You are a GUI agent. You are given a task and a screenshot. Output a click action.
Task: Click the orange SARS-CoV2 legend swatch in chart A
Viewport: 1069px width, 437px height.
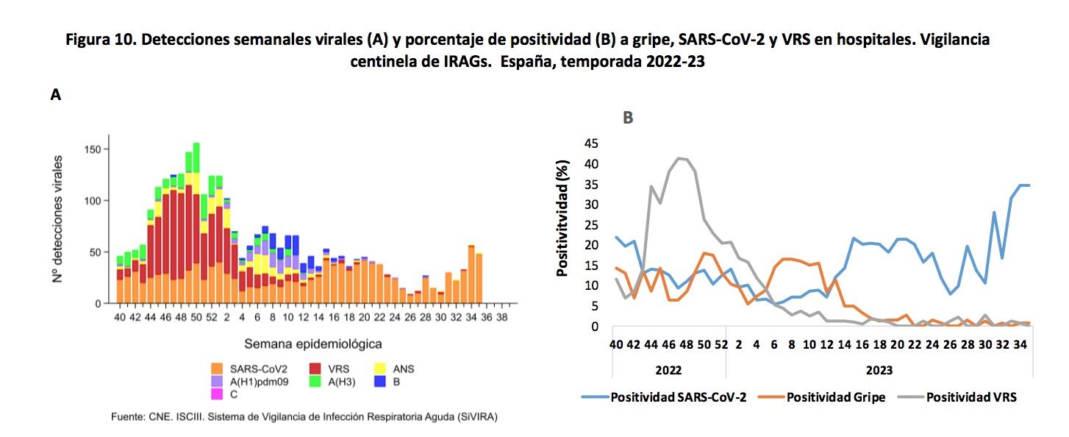pyautogui.click(x=217, y=369)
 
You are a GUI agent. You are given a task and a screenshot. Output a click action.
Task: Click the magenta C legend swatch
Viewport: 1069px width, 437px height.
pyautogui.click(x=217, y=394)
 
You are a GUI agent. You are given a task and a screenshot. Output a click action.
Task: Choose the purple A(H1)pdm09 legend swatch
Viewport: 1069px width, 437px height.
pyautogui.click(x=217, y=382)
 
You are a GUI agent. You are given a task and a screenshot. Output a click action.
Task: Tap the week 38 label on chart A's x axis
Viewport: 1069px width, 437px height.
pyautogui.click(x=502, y=317)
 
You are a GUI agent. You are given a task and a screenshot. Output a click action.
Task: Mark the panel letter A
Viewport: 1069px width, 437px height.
pyautogui.click(x=55, y=95)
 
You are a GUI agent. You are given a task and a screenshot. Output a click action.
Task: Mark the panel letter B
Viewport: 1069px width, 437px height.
pyautogui.click(x=628, y=117)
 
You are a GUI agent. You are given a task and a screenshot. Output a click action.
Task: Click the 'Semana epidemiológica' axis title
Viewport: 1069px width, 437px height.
pyautogui.click(x=313, y=344)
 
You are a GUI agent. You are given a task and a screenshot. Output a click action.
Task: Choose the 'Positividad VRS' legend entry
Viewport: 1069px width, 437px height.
pyautogui.click(x=971, y=397)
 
